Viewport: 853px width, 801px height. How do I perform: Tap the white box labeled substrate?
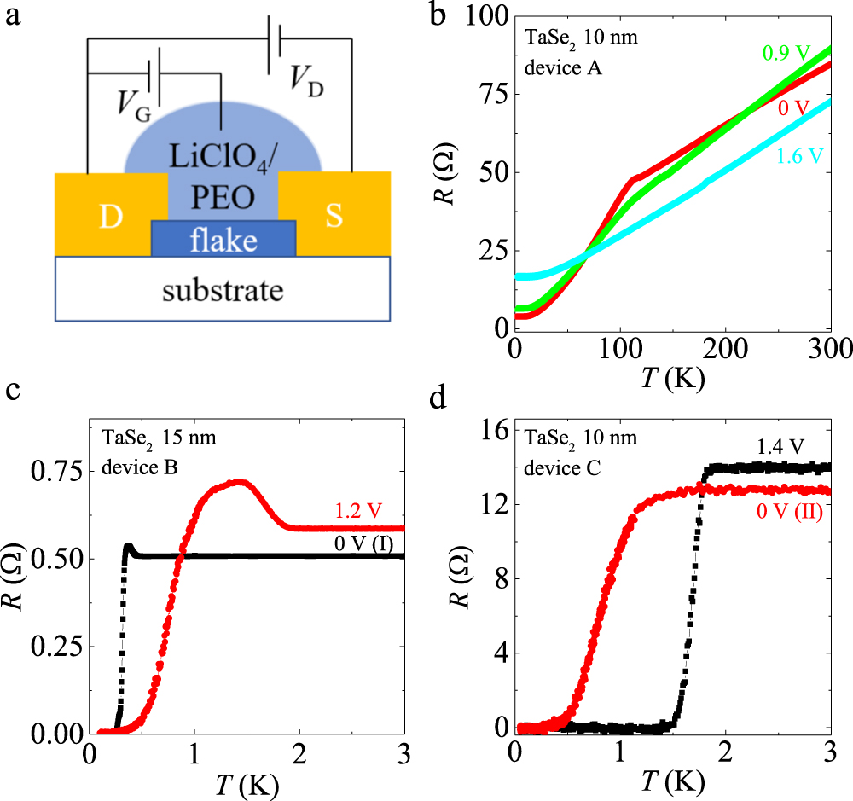click(223, 289)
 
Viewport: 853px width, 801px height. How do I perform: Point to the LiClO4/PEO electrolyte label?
click(223, 182)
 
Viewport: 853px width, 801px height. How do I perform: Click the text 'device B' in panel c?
click(136, 466)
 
